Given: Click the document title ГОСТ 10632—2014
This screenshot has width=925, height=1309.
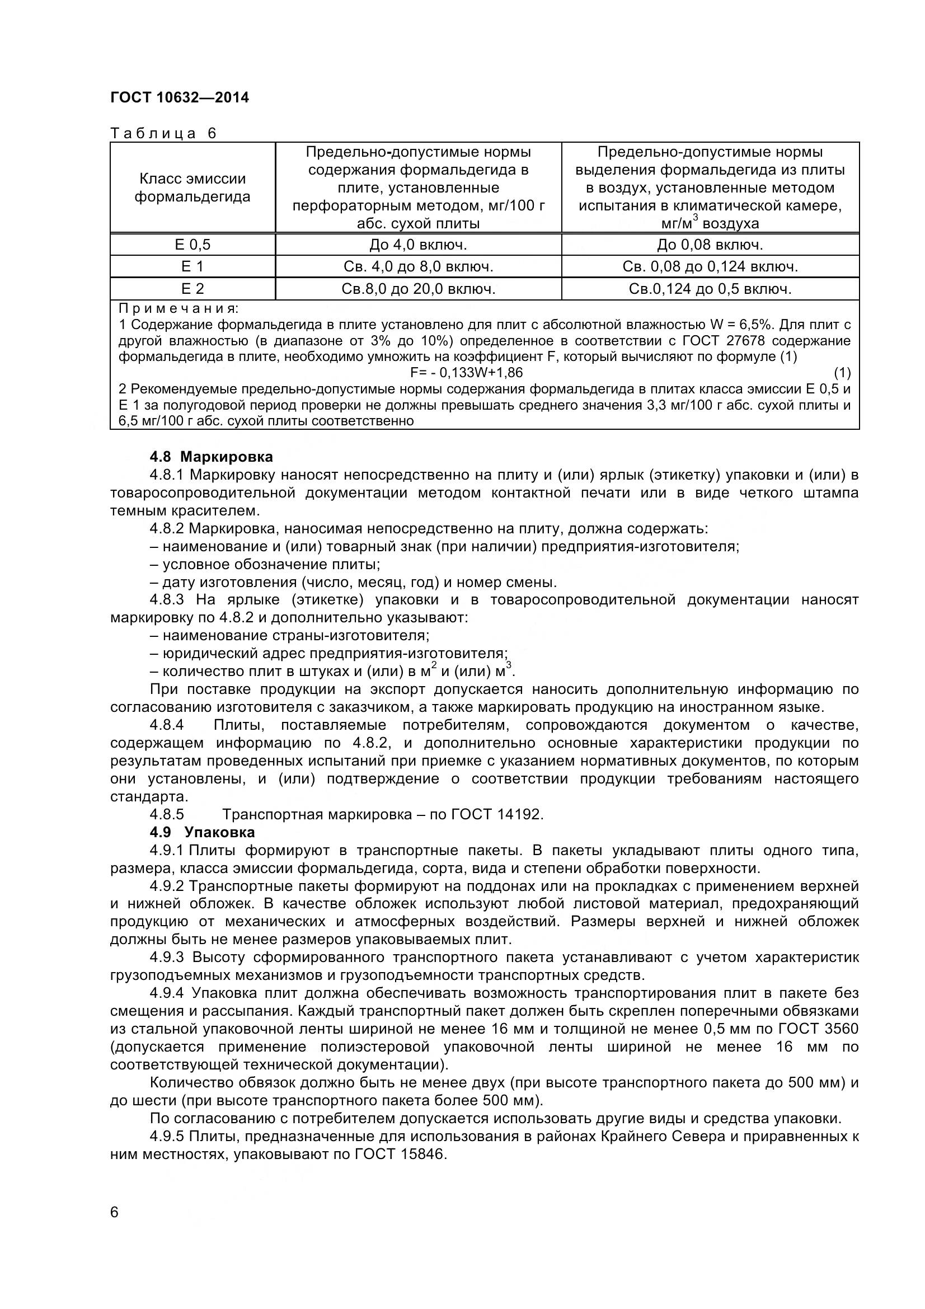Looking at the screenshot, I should tap(180, 97).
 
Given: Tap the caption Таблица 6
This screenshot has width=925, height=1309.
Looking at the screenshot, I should tap(163, 133).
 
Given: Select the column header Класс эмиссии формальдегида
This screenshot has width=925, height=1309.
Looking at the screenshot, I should tap(192, 187).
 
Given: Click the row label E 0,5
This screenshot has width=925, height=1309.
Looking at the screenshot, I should tap(192, 245).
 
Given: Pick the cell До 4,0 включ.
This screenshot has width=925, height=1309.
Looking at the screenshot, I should tap(418, 245).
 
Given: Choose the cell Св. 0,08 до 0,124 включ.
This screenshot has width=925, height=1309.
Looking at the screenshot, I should tap(710, 267).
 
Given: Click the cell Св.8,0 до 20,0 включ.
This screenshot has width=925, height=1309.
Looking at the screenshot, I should tap(418, 289).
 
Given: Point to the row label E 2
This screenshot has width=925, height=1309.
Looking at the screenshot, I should tap(192, 289).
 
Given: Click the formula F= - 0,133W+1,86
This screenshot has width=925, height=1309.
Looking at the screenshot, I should tap(466, 373).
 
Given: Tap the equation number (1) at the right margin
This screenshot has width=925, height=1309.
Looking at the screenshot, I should tap(842, 373).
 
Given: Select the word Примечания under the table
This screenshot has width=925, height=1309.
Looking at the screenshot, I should tap(179, 309).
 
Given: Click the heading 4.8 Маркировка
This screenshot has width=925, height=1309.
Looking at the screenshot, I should tap(211, 457).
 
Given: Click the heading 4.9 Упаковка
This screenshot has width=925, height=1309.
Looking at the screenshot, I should tap(202, 832).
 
